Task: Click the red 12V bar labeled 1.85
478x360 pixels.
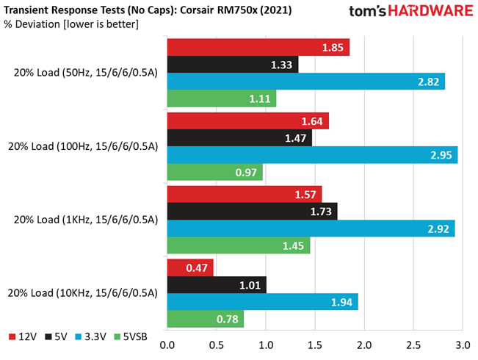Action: point(258,47)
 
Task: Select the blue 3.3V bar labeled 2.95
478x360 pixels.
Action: point(313,155)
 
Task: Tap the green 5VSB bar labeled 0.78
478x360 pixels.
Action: point(206,319)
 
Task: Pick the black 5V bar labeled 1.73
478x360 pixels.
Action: point(253,211)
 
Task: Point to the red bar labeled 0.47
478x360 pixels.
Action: point(190,267)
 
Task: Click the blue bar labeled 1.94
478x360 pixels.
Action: point(263,302)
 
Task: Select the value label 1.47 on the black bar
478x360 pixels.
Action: point(295,138)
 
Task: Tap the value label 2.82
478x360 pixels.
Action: point(428,82)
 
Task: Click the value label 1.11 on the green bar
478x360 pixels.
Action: point(260,99)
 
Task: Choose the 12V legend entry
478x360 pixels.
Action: point(23,336)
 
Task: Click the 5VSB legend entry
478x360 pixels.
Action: point(131,336)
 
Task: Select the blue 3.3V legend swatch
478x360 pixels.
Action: point(79,336)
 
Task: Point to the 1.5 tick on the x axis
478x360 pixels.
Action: point(315,345)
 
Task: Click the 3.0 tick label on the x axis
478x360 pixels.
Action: point(463,345)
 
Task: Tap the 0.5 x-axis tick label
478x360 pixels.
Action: point(217,345)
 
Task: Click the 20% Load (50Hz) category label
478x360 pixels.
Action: point(86,73)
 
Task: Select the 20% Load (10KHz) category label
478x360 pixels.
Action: point(83,293)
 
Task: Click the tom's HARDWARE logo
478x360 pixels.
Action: point(411,11)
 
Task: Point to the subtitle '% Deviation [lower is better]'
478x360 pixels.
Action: point(71,24)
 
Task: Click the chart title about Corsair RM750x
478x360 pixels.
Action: point(148,10)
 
